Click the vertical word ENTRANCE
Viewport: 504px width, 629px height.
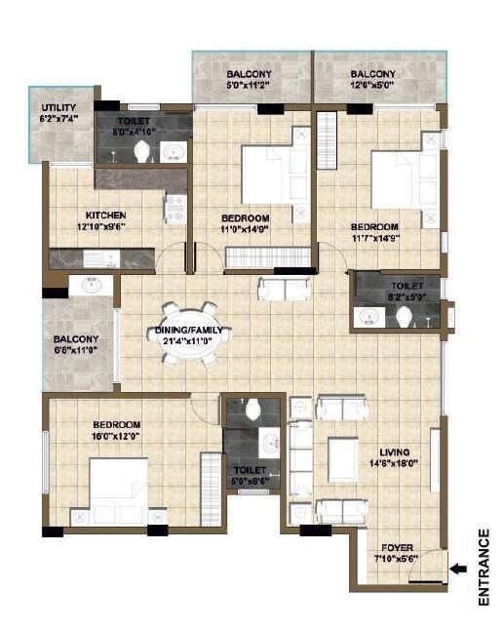(485, 569)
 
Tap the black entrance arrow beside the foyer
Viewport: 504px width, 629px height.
(456, 563)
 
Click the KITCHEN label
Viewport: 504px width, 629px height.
(105, 216)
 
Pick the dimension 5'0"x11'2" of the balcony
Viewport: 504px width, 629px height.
(250, 86)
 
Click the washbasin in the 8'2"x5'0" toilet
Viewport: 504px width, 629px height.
(368, 315)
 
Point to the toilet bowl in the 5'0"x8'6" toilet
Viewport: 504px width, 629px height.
(253, 409)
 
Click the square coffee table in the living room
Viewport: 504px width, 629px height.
(343, 459)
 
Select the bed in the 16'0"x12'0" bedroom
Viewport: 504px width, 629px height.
(119, 491)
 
